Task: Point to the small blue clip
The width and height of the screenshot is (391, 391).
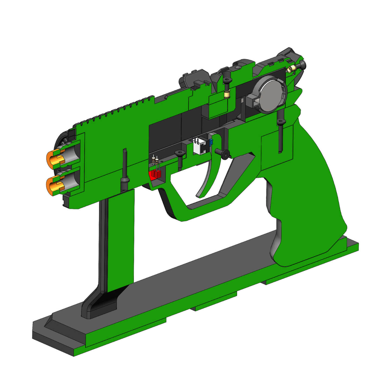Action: pyautogui.click(x=211, y=142)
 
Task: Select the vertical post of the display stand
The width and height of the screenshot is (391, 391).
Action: pyautogui.click(x=119, y=239)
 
